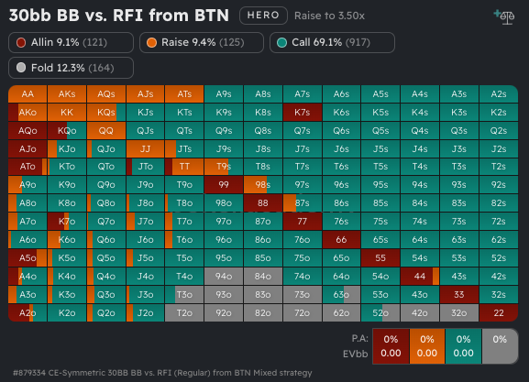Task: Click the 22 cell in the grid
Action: (x=498, y=312)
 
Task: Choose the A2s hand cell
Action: (x=498, y=93)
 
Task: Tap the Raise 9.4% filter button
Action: (x=202, y=43)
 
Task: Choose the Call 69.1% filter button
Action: (x=332, y=43)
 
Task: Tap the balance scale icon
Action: (x=503, y=16)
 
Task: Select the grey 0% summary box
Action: (x=498, y=344)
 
